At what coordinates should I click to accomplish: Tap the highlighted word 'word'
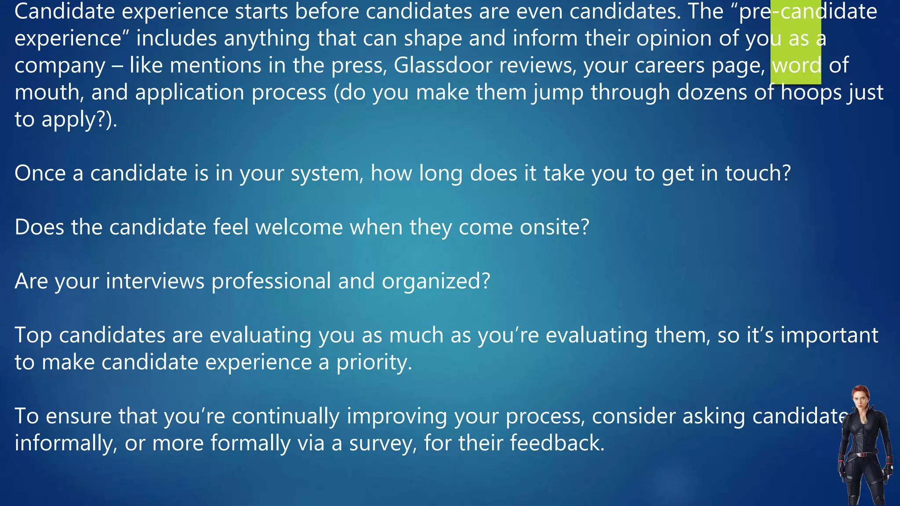pyautogui.click(x=796, y=65)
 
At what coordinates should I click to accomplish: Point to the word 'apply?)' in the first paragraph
pyautogui.click(x=79, y=119)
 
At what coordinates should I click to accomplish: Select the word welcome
pyautogui.click(x=299, y=227)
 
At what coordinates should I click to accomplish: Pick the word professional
pyautogui.click(x=271, y=281)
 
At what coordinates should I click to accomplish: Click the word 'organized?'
pyautogui.click(x=435, y=281)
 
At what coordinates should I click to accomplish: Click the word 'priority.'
pyautogui.click(x=374, y=362)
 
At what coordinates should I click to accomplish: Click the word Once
pyautogui.click(x=40, y=173)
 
